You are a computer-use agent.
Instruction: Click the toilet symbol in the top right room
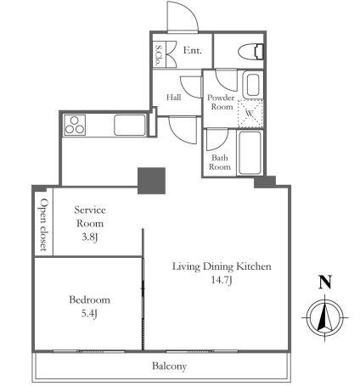point(251,52)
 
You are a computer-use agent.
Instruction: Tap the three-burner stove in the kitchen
point(75,125)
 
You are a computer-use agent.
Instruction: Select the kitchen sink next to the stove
point(130,125)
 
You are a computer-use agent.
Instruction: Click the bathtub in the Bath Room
point(250,153)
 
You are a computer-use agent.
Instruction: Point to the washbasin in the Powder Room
point(253,85)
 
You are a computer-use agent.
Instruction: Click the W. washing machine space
point(250,114)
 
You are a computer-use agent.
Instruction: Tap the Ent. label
point(193,51)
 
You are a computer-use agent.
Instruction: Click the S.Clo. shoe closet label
point(159,54)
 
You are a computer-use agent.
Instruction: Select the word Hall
point(174,98)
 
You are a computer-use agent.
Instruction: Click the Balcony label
point(169,366)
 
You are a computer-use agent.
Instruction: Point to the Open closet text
point(44,225)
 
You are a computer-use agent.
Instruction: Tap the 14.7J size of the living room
point(222,280)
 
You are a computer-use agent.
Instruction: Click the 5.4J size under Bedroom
point(89,314)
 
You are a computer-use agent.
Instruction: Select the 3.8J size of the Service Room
point(90,238)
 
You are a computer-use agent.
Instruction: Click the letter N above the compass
point(325,283)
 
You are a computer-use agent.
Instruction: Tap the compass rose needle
point(324,316)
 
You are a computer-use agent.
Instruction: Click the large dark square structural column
point(151,181)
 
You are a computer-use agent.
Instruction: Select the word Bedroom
point(89,299)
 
